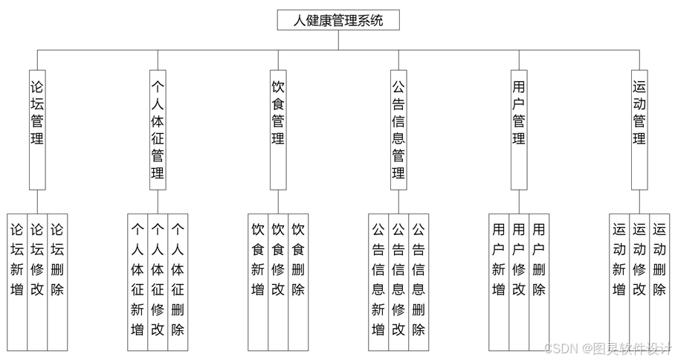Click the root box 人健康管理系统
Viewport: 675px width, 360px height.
(x=338, y=20)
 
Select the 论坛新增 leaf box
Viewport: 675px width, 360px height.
(x=17, y=281)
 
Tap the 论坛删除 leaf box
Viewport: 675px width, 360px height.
(x=57, y=281)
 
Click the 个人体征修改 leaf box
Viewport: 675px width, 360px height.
(x=158, y=281)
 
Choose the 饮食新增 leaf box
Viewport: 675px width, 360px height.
(x=258, y=281)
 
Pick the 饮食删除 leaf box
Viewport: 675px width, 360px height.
(x=298, y=281)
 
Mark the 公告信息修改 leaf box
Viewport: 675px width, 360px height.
(x=398, y=281)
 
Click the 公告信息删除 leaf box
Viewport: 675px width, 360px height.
(x=419, y=281)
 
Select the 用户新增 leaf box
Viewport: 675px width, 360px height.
(x=499, y=281)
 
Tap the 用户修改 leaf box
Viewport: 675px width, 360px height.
(x=519, y=281)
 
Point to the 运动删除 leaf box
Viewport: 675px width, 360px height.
(x=659, y=281)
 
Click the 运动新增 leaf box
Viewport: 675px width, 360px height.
(x=619, y=281)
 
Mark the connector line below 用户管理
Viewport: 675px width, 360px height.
(x=519, y=202)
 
